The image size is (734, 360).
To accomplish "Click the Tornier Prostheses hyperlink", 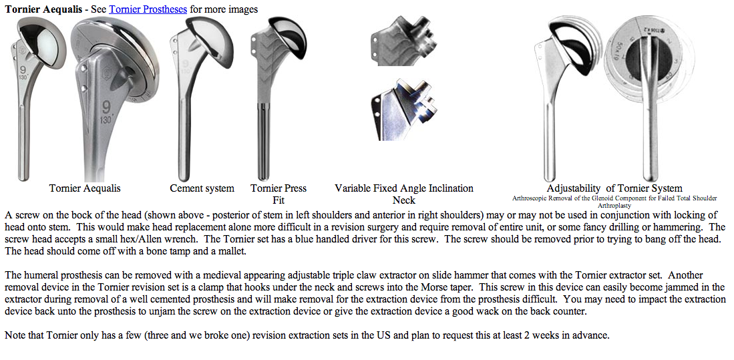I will (148, 9).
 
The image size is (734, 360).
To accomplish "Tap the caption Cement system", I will (202, 188).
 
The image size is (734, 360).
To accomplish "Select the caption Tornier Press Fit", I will (278, 194).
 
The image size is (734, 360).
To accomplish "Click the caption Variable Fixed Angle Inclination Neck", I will (403, 194).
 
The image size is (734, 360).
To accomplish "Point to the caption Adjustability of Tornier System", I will (614, 188).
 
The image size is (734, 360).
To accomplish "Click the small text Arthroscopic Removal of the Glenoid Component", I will (614, 198).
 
